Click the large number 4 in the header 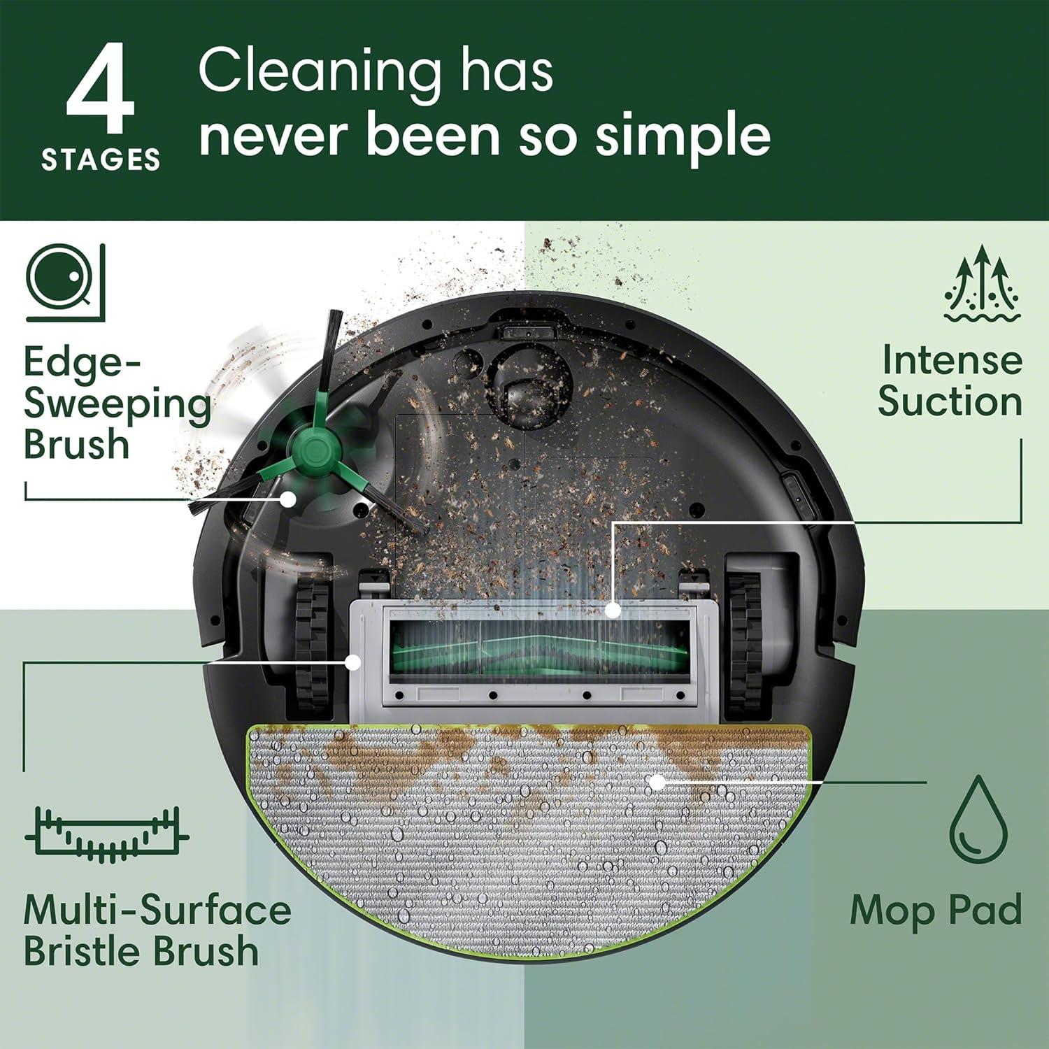100,90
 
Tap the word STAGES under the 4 101,160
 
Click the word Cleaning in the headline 319,71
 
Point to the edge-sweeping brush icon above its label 66,283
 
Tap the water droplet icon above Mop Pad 978,818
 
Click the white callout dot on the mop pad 657,783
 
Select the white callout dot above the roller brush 613,610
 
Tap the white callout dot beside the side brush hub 287,499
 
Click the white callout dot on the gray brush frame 354,662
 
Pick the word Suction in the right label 950,402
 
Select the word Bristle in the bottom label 83,951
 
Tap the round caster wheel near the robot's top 531,392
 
